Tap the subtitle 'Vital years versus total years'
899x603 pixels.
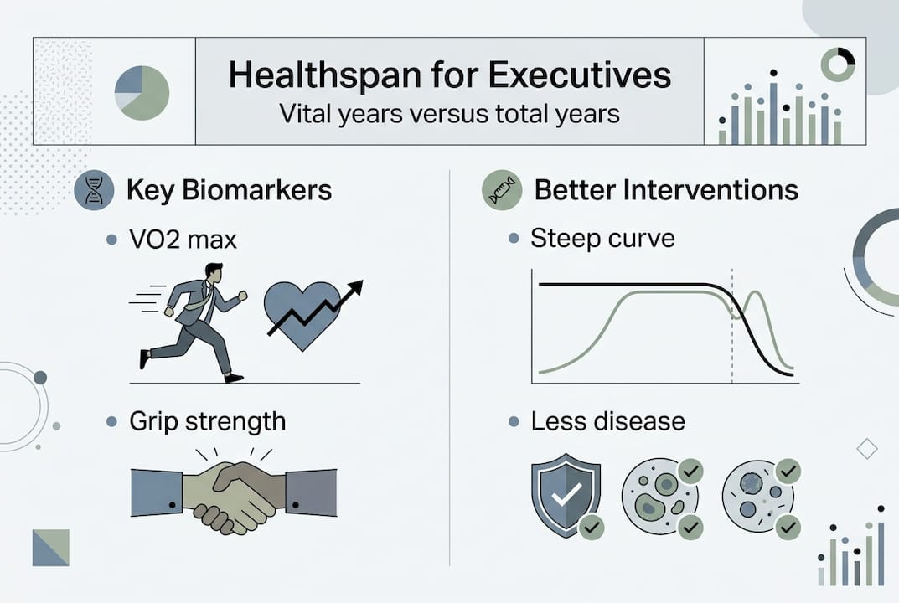point(449,114)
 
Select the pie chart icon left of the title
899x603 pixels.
point(142,93)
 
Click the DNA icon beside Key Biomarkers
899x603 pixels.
point(94,190)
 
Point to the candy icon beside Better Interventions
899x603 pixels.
point(502,190)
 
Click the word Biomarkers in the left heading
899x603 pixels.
point(257,190)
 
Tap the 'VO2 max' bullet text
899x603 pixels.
point(183,240)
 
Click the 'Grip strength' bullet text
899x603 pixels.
point(208,422)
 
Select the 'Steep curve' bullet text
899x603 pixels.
point(602,239)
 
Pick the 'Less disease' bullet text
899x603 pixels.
point(607,421)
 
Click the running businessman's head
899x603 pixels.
point(214,273)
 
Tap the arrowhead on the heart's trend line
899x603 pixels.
point(356,287)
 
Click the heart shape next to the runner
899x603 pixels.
point(302,315)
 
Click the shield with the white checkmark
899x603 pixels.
point(566,494)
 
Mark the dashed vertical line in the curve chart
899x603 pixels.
point(732,326)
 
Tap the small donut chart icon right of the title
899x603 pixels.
point(838,64)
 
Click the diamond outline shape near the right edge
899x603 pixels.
point(867,449)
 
